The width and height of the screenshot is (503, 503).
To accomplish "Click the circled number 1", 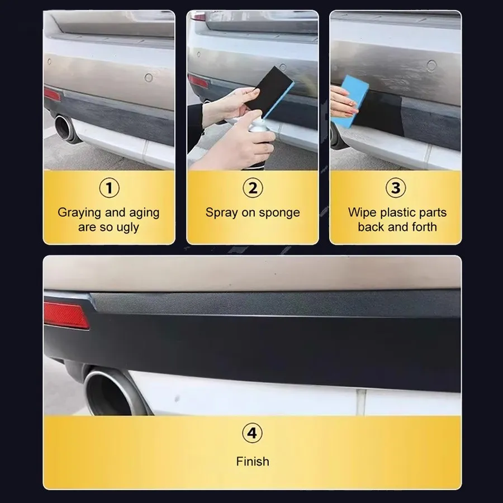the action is (x=109, y=188).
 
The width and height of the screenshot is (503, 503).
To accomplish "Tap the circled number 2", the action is (x=253, y=188).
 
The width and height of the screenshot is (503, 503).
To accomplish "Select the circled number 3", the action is (x=396, y=188).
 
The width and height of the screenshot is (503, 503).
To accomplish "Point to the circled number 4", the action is (x=252, y=433).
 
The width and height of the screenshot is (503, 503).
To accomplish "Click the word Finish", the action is (x=253, y=461).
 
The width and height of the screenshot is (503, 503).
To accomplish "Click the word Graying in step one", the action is (x=79, y=213).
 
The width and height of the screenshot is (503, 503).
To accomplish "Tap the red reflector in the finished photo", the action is (x=67, y=315).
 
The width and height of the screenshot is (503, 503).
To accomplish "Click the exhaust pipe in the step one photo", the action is (x=66, y=129).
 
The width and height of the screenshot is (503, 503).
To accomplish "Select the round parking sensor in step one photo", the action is (x=149, y=77).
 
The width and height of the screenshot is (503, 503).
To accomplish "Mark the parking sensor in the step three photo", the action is (x=432, y=66).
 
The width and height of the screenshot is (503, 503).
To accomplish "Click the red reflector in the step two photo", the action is (x=198, y=81).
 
